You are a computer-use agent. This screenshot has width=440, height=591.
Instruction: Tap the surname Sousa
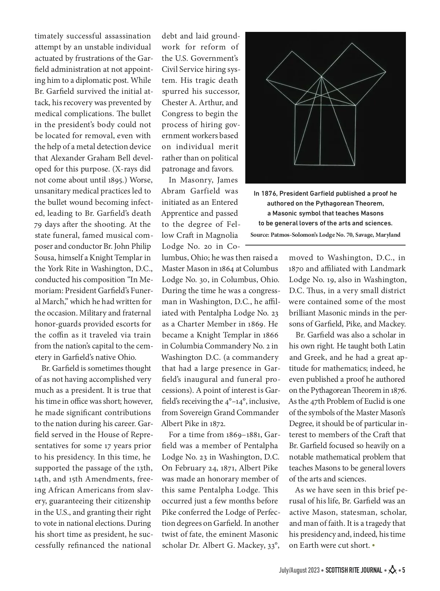(x=45, y=258)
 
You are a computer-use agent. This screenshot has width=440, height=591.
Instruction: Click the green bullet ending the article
(x=374, y=546)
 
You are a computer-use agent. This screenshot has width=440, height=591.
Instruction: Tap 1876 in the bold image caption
(x=269, y=193)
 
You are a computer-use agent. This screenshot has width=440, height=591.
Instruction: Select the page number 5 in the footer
(x=404, y=570)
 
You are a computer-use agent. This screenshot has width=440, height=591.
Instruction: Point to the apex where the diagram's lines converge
(x=322, y=76)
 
